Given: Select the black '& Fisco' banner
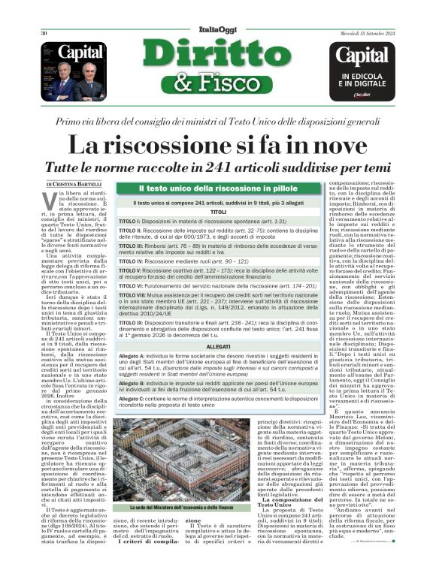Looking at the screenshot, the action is (218, 86).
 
